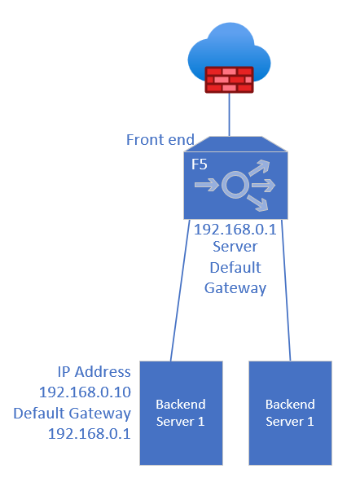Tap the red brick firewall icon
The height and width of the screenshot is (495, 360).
pyautogui.click(x=229, y=80)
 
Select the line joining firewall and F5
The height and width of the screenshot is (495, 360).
pyautogui.click(x=229, y=115)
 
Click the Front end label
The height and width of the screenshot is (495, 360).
pyautogui.click(x=160, y=139)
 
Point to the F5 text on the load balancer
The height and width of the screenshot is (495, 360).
pyautogui.click(x=200, y=164)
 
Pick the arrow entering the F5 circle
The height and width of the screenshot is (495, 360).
pyautogui.click(x=207, y=185)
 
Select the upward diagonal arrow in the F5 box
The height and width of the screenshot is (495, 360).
pyautogui.click(x=259, y=168)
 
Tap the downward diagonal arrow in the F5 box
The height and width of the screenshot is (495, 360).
pyautogui.click(x=257, y=203)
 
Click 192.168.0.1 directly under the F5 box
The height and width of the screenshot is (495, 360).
pyautogui.click(x=235, y=230)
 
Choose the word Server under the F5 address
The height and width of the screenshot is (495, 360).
pyautogui.click(x=235, y=247)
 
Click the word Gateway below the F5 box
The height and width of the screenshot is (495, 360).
pyautogui.click(x=235, y=288)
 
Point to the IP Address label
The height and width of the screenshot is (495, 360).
pyautogui.click(x=94, y=372)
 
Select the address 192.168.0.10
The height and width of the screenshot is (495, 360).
pyautogui.click(x=85, y=392)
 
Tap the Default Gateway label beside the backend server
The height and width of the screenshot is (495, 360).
pyautogui.click(x=72, y=414)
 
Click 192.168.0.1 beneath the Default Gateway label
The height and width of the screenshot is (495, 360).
pyautogui.click(x=90, y=434)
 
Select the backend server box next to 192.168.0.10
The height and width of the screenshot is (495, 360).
pyautogui.click(x=181, y=413)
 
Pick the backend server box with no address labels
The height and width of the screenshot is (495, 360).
pyautogui.click(x=290, y=413)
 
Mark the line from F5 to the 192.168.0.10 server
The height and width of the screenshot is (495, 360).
pyautogui.click(x=180, y=290)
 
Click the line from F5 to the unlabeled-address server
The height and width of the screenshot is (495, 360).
pyautogui.click(x=286, y=290)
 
